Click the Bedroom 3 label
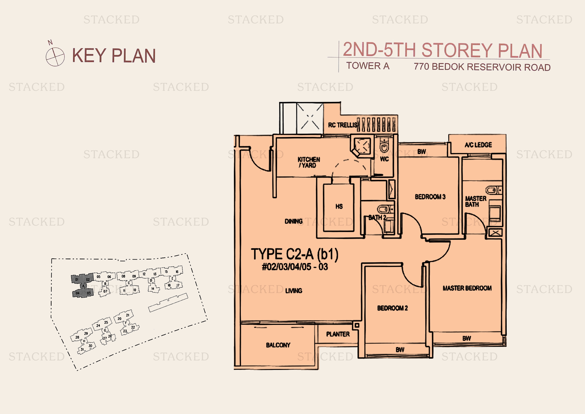(x=430, y=197)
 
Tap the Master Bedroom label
(x=467, y=288)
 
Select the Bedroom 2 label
(x=392, y=308)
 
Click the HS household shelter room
(x=339, y=206)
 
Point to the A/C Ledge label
(x=478, y=145)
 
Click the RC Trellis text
(x=343, y=125)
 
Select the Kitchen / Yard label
(x=309, y=162)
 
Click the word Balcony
(x=278, y=345)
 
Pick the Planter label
(x=338, y=334)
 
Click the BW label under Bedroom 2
(x=400, y=350)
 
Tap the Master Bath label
(x=475, y=201)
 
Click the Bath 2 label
(x=377, y=218)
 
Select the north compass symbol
(x=55, y=57)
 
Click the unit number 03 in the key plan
(x=89, y=293)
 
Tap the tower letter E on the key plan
(x=172, y=279)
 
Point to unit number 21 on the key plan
(x=128, y=315)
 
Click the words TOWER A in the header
(x=367, y=66)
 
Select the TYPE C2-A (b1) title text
(x=295, y=254)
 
